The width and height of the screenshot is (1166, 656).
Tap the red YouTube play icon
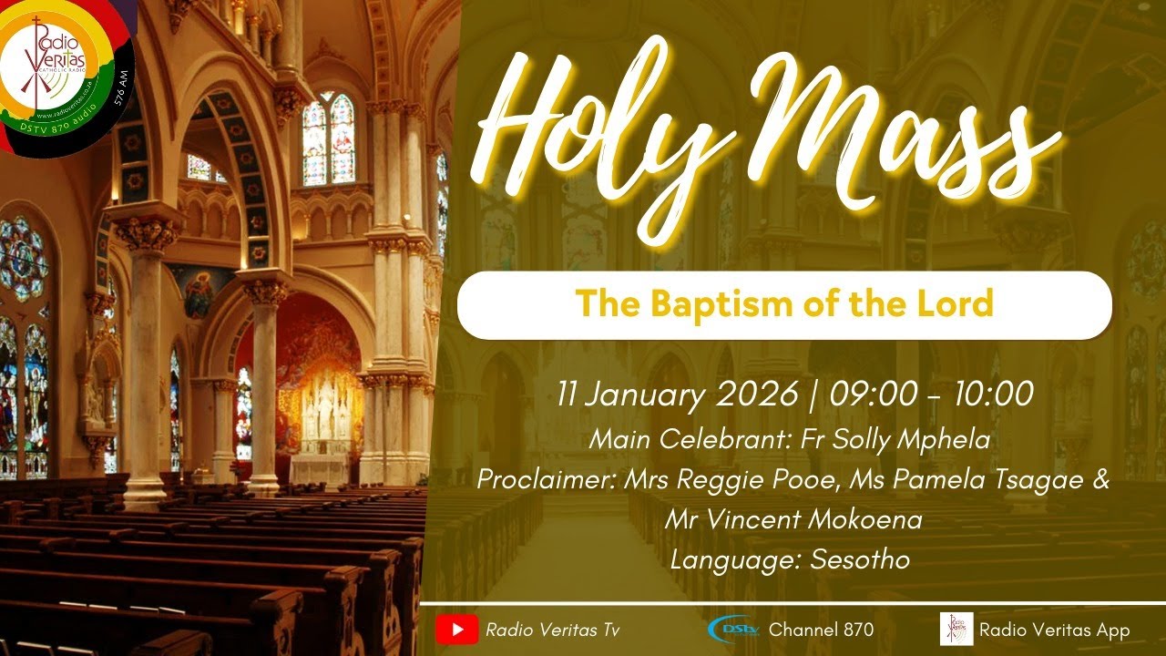point(456,630)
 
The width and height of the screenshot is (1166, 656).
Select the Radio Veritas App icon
point(956,630)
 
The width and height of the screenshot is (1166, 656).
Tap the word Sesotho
point(859,559)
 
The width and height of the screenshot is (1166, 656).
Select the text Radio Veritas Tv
point(553,630)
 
